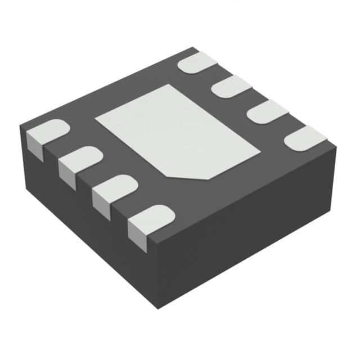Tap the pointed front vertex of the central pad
209,179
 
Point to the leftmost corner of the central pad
96,119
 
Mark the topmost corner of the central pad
168,85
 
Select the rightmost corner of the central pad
260,151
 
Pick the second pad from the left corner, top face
80,159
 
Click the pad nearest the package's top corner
198,62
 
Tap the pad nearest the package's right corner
305,138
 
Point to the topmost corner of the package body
193,47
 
